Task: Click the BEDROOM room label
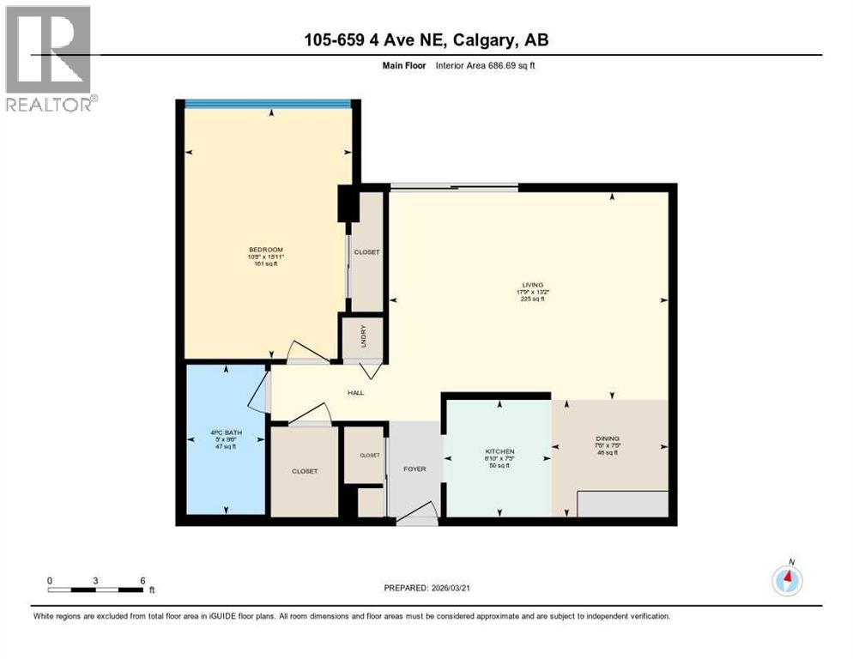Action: click(x=263, y=249)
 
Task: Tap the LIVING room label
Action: click(x=533, y=284)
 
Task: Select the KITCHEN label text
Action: click(x=499, y=451)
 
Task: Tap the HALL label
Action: click(x=355, y=393)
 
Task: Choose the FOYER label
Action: click(x=414, y=469)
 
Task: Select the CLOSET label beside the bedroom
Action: click(x=367, y=252)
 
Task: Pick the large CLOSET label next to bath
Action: click(x=304, y=471)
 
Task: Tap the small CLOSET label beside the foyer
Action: click(x=369, y=456)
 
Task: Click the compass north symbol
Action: click(x=787, y=580)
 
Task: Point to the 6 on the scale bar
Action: click(x=142, y=580)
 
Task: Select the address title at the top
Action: click(x=426, y=39)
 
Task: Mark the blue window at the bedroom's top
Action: click(x=268, y=104)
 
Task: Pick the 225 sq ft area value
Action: click(x=533, y=299)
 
